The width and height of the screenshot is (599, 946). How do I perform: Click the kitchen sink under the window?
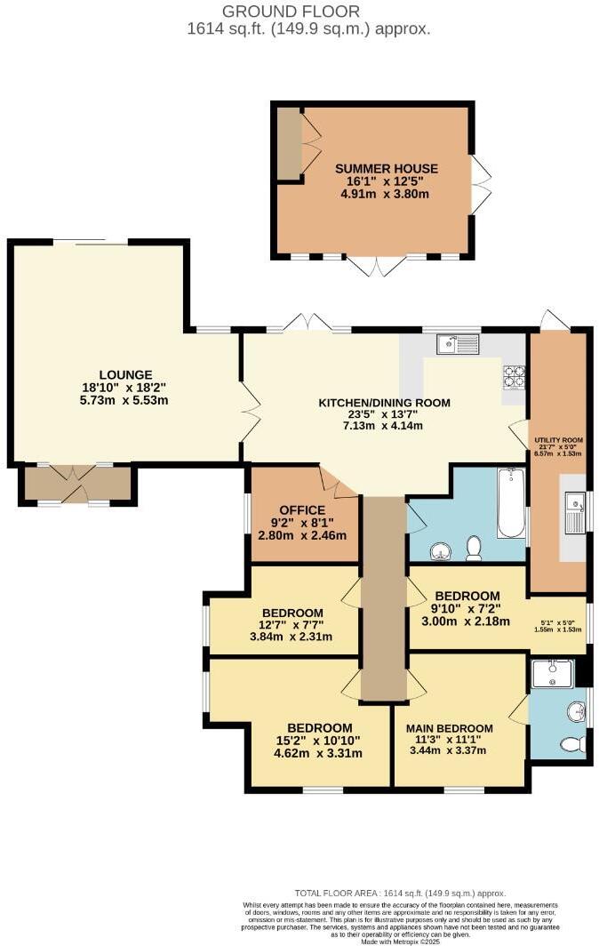point(459,342)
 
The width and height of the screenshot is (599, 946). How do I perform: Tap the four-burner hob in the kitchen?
point(514,377)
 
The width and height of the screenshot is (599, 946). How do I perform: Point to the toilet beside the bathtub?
point(475,549)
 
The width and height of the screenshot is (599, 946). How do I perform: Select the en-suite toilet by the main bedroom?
point(576,742)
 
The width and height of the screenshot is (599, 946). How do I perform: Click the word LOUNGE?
point(126,374)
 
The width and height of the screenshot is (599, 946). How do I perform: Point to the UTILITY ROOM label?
point(558,440)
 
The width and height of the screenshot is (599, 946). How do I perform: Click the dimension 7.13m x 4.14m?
point(384,426)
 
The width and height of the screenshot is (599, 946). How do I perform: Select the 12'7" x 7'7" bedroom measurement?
point(292,625)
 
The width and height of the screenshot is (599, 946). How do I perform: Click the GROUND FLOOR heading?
point(291,12)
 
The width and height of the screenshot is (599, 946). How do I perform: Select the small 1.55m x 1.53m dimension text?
point(562,629)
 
